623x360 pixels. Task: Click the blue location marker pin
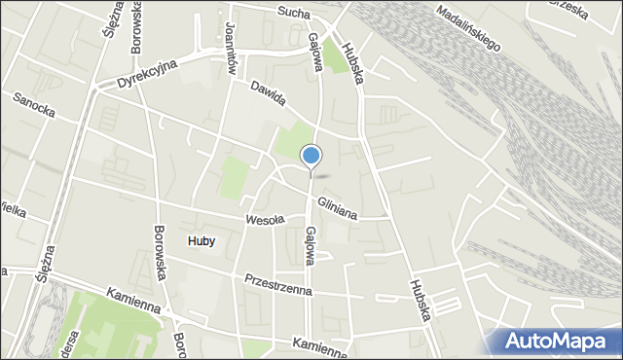[311, 156]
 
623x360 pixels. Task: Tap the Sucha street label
[292, 13]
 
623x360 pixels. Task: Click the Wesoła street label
[264, 220]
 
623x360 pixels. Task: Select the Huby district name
[200, 240]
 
